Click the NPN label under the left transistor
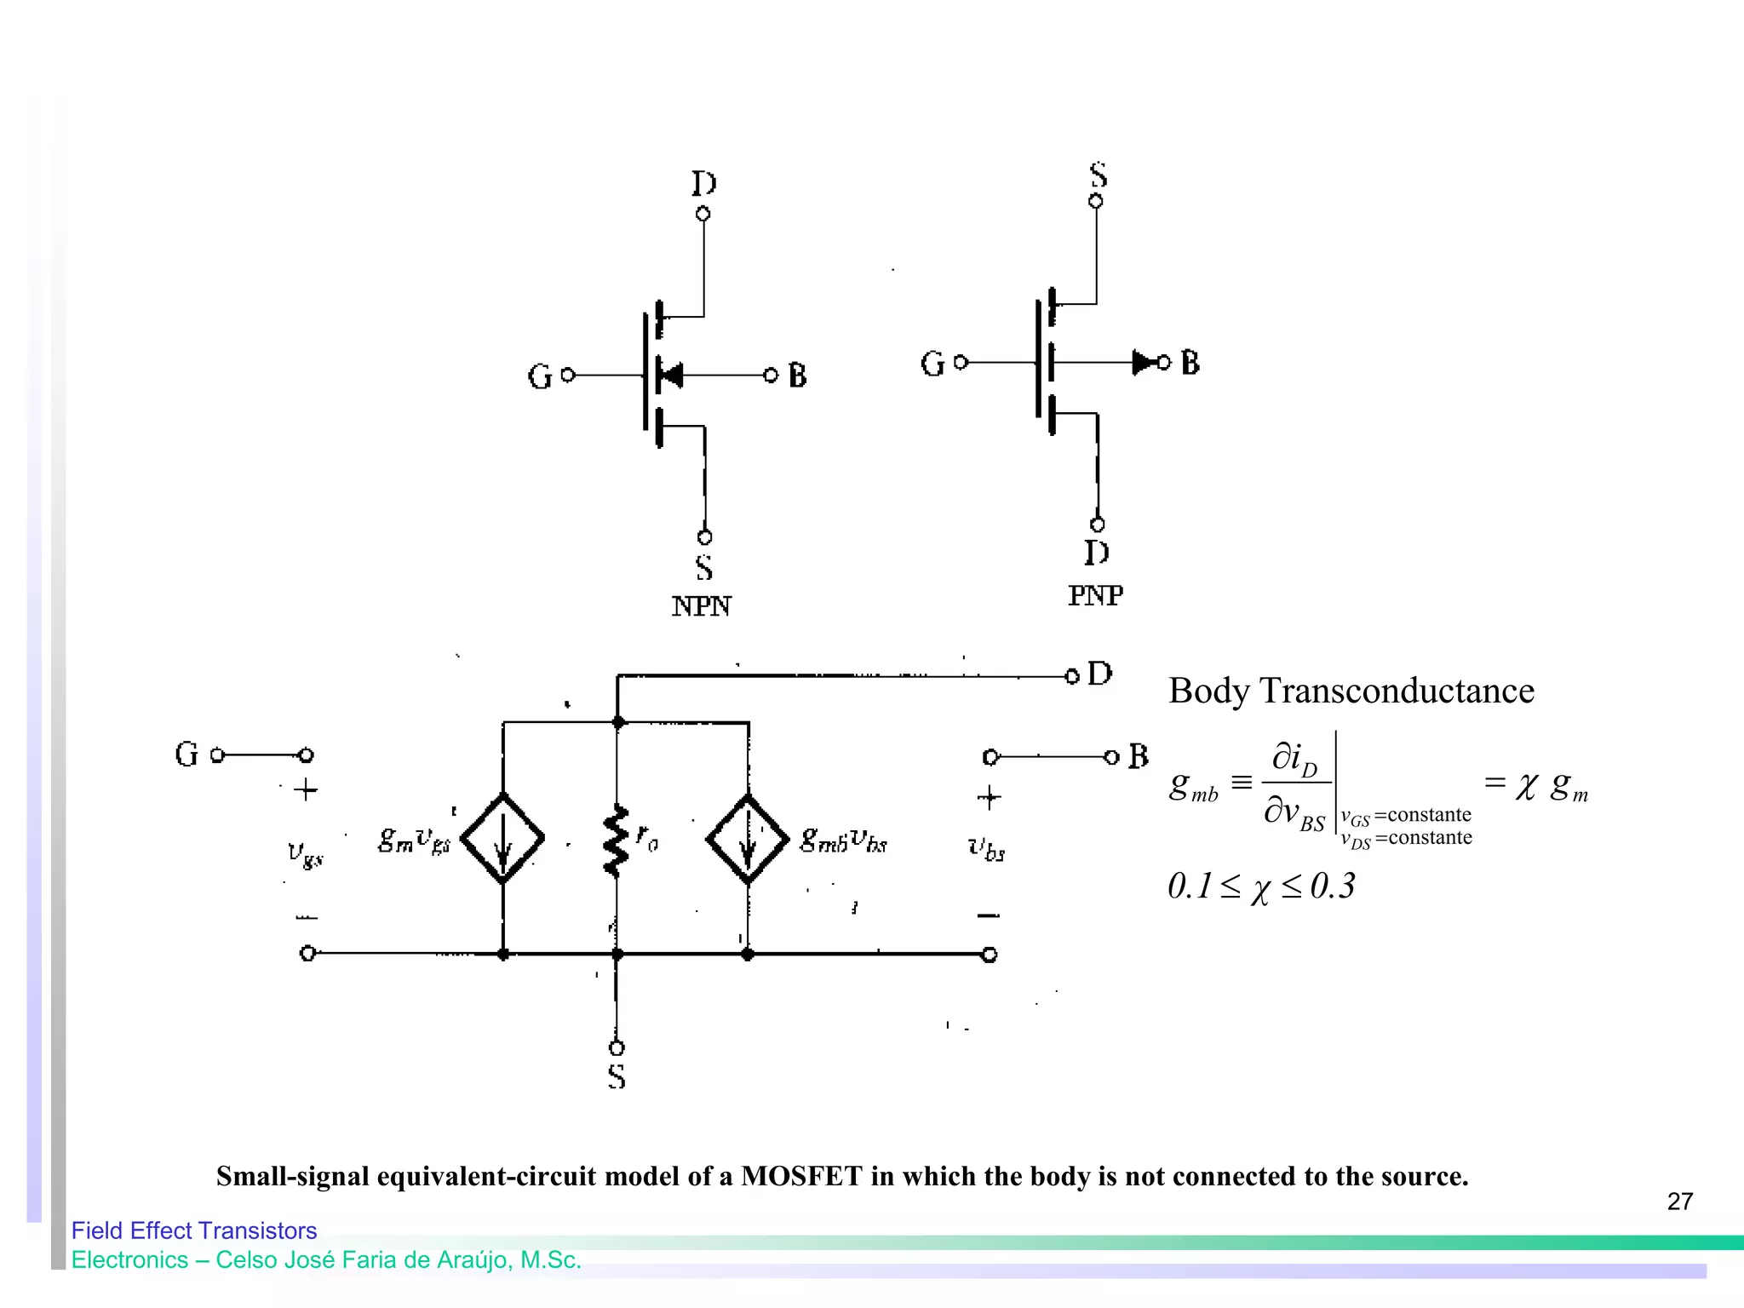click(x=701, y=606)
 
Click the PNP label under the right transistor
click(x=1095, y=595)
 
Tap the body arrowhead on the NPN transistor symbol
click(x=671, y=375)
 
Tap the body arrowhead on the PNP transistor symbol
click(x=1143, y=363)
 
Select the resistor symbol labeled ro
click(x=616, y=841)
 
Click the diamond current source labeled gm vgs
click(x=502, y=839)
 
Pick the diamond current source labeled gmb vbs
click(x=748, y=839)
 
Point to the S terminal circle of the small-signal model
click(x=617, y=1047)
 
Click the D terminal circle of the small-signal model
click(x=1072, y=676)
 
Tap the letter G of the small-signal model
click(x=186, y=754)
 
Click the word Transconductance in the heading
click(x=1397, y=691)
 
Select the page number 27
click(x=1679, y=1202)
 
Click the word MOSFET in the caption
click(x=801, y=1176)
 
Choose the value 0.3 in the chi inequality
click(x=1333, y=886)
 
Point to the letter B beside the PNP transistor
click(x=1190, y=363)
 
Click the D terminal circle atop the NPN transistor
click(x=703, y=214)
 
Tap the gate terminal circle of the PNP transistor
click(x=961, y=363)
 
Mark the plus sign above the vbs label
click(x=989, y=798)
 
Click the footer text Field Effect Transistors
click(x=194, y=1231)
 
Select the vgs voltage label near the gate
click(x=305, y=854)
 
